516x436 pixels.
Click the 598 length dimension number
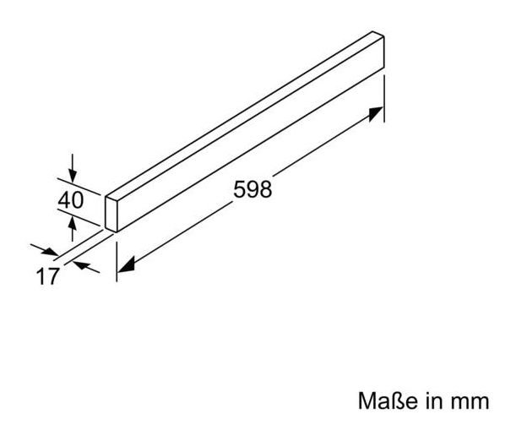pos(253,189)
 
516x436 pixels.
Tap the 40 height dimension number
pos(72,200)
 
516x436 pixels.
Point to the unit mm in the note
pos(470,397)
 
